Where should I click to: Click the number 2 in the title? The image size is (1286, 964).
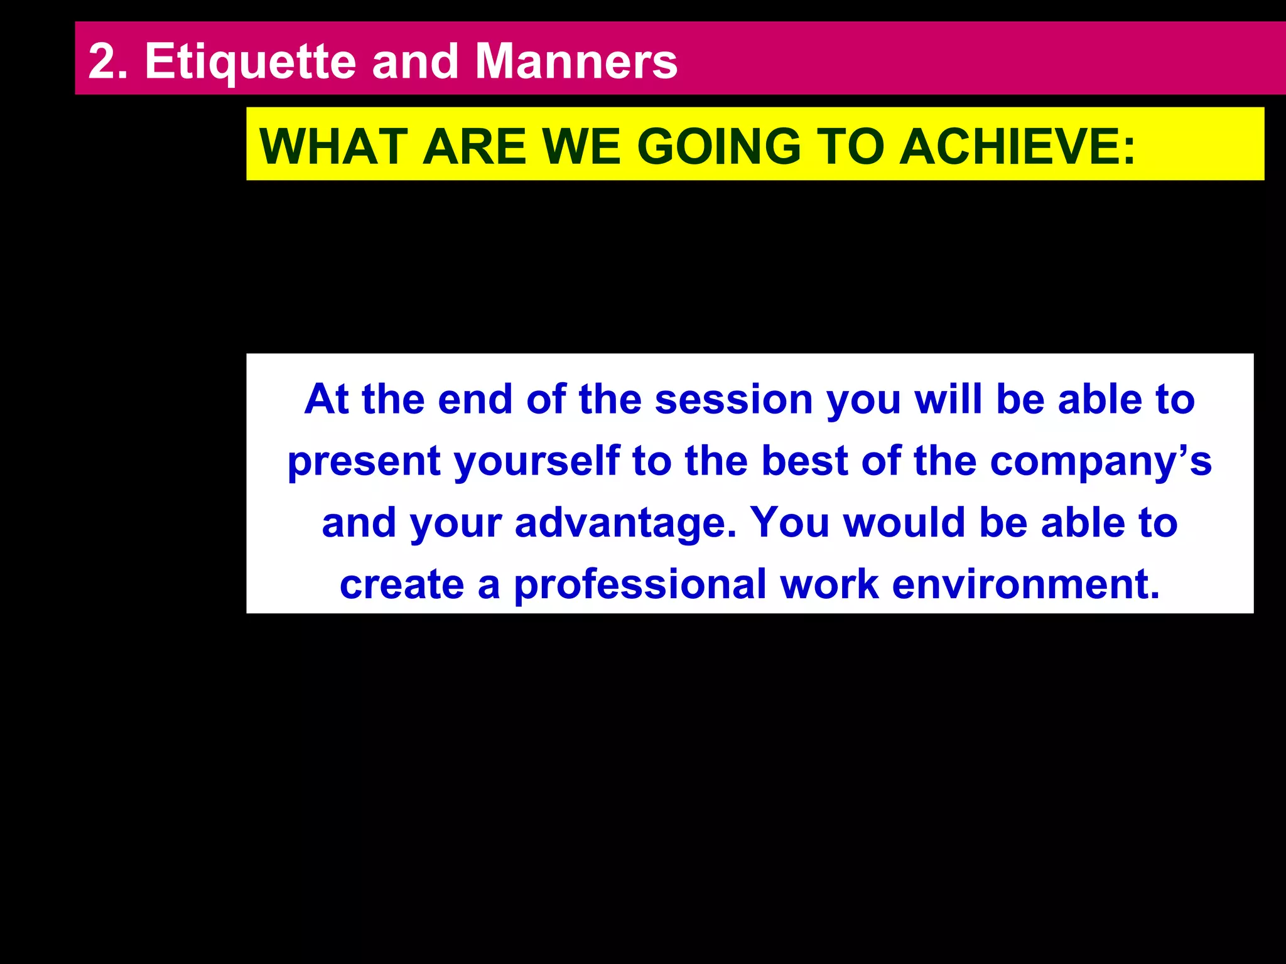(102, 62)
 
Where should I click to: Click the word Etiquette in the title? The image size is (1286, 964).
(250, 62)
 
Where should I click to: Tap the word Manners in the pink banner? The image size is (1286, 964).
(576, 62)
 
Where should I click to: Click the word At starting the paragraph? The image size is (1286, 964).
(326, 399)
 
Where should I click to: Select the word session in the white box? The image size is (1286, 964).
(733, 399)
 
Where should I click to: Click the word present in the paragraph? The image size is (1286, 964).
(364, 462)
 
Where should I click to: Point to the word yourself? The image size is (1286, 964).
(537, 462)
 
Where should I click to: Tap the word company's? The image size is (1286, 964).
(1100, 461)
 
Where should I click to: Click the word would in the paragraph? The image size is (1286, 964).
(904, 522)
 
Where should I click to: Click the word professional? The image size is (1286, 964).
(640, 584)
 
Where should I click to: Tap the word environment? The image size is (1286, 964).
(1025, 584)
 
